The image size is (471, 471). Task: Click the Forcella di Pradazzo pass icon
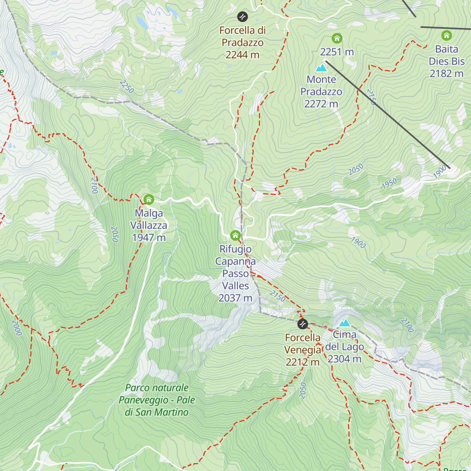242,16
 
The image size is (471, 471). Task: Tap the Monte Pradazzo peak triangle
321,68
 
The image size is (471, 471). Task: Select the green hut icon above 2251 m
337,38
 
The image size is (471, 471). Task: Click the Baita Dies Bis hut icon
446,36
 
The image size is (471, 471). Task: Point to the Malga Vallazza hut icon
148,199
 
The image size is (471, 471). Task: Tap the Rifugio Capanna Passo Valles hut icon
235,235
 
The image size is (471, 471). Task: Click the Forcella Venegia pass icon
302,324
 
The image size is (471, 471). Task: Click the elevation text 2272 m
321,104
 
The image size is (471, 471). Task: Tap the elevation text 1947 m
149,237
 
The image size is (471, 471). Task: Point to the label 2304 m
345,359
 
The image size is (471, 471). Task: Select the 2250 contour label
127,87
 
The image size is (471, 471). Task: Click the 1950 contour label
389,183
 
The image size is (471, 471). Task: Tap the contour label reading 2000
17,328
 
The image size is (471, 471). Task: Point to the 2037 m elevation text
235,298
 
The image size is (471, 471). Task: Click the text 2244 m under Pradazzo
243,55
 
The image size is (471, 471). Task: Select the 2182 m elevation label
447,73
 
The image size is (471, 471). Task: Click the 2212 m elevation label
302,362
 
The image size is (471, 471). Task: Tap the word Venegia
303,350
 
